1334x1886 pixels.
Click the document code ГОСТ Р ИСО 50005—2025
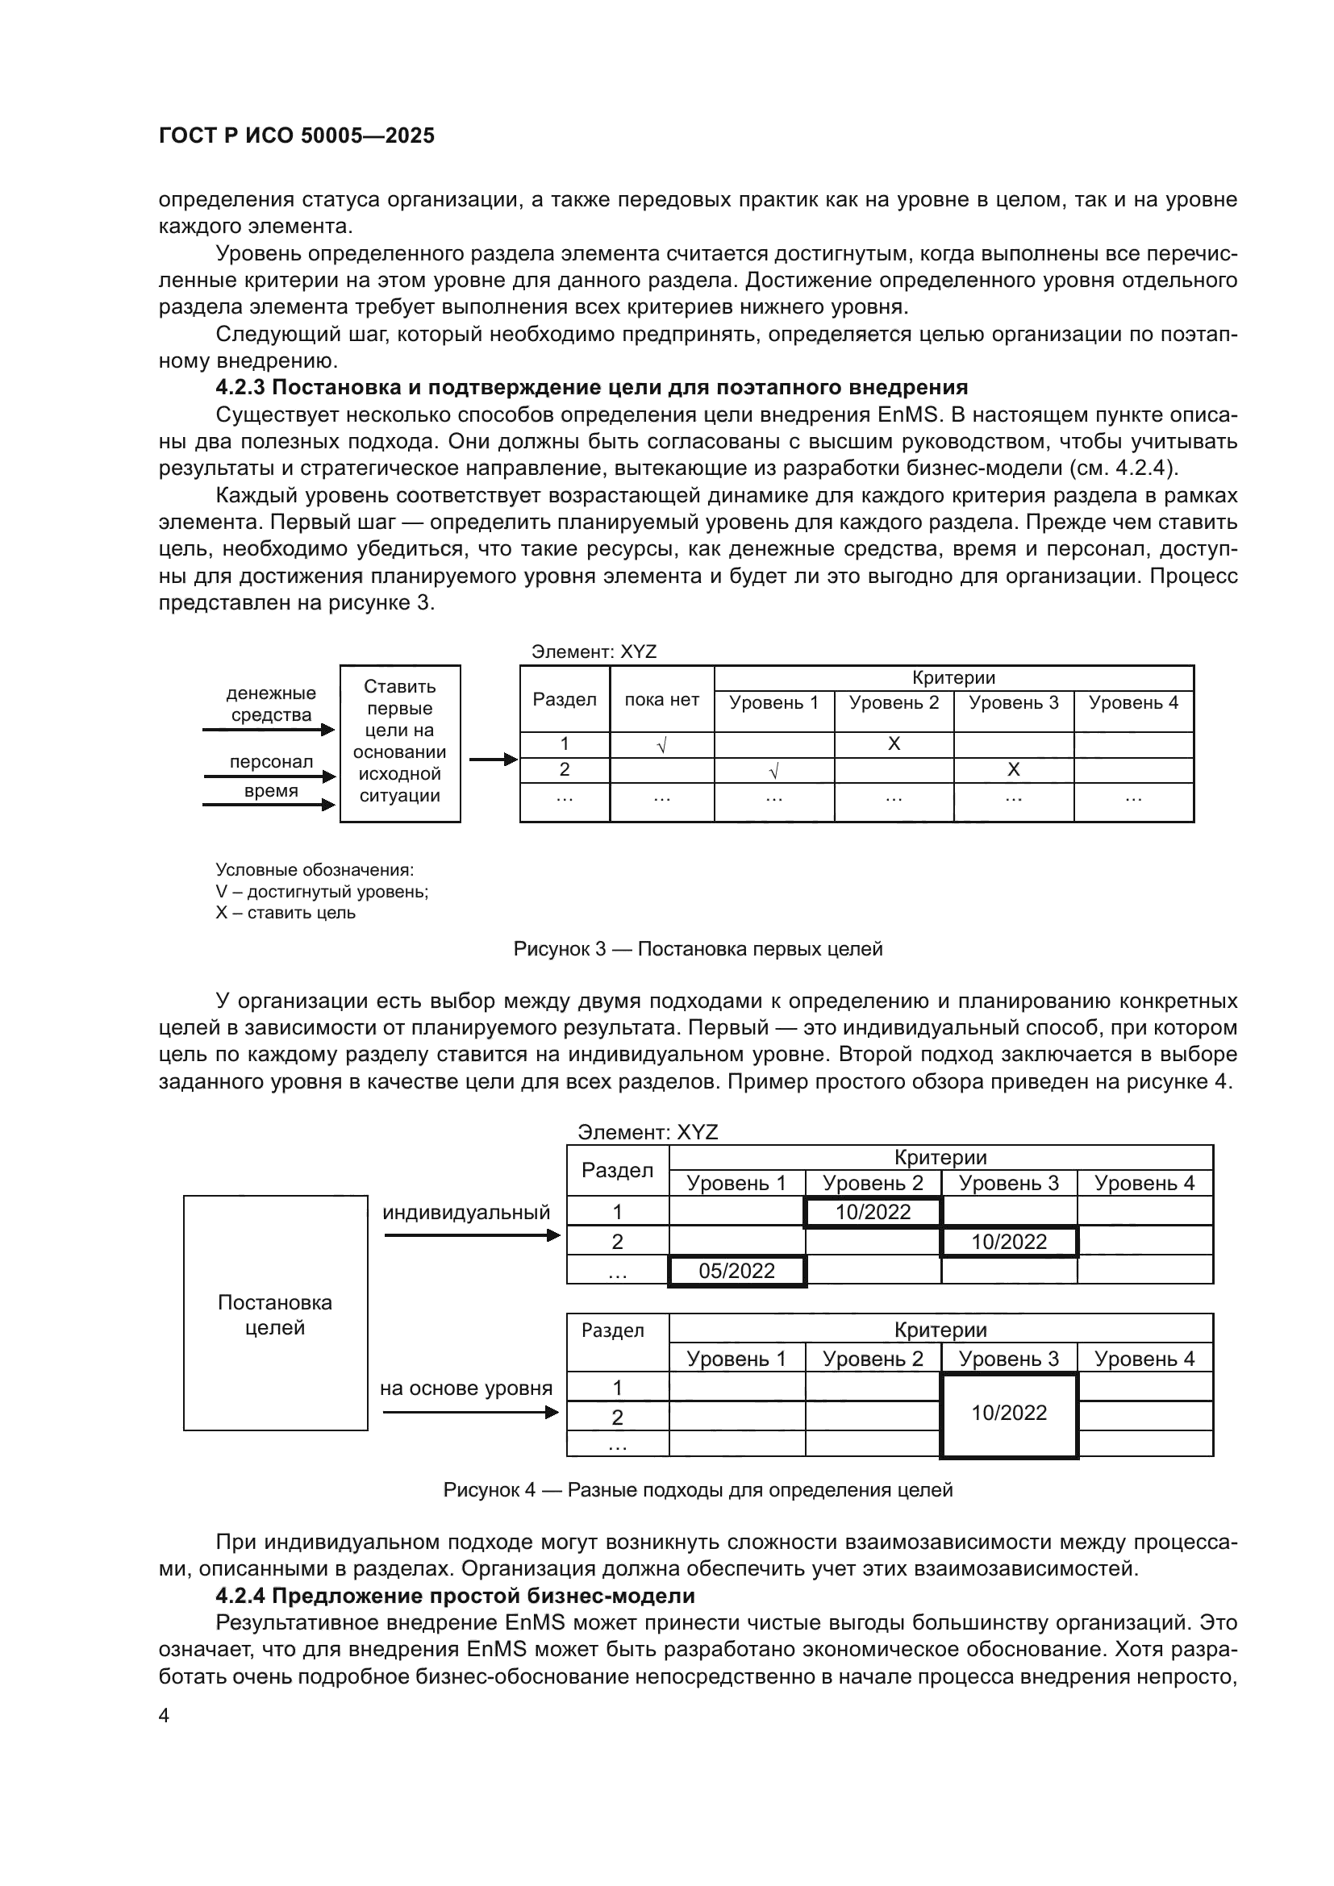click(297, 135)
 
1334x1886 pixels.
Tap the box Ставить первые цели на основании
click(400, 743)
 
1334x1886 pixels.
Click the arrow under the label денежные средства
click(269, 729)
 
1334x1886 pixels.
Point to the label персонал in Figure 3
click(271, 761)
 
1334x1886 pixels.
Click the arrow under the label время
click(269, 804)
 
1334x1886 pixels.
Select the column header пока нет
click(661, 700)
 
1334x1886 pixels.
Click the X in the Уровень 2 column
click(894, 743)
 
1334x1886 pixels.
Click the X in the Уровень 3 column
click(1013, 770)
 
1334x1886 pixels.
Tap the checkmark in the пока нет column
click(661, 745)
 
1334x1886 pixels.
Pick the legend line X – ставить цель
click(285, 913)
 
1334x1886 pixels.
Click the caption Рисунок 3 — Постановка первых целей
click(698, 949)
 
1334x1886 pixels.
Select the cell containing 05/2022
click(737, 1271)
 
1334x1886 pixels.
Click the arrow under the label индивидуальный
click(472, 1235)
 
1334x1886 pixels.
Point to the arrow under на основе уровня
click(471, 1412)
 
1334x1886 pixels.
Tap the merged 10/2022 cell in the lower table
click(1009, 1413)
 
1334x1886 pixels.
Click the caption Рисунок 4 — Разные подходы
click(698, 1489)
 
